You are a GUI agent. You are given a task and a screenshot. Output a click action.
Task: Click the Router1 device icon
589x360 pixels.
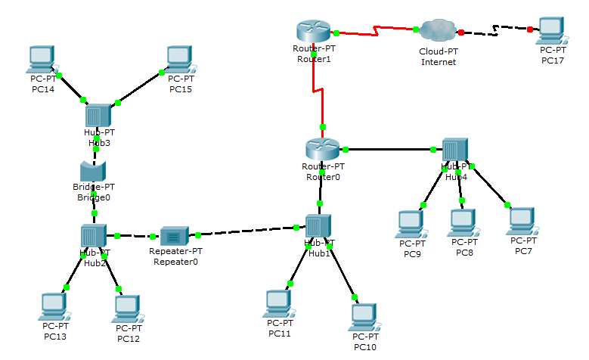point(314,32)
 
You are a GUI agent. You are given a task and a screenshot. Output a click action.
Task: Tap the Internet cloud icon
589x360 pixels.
point(439,30)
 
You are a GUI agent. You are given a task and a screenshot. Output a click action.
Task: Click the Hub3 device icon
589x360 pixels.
point(97,116)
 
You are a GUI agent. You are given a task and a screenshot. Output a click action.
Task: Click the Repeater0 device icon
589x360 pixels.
point(173,236)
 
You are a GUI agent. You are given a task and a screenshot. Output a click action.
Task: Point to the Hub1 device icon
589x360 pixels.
point(318,226)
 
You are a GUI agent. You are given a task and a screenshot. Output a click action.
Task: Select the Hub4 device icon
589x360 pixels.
point(454,151)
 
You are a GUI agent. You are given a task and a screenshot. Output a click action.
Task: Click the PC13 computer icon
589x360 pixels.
point(54,306)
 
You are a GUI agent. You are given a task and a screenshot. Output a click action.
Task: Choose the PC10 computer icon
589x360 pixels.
point(364,316)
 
